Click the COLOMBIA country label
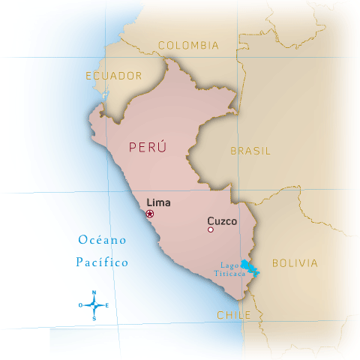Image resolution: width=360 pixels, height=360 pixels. pos(188,45)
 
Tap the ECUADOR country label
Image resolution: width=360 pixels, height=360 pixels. pos(114,76)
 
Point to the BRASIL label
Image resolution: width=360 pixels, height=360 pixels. pos(250,151)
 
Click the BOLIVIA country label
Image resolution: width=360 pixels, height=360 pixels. pos(295,263)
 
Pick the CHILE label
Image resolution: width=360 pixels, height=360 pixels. pos(234,316)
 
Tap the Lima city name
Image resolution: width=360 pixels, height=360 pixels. pos(158,202)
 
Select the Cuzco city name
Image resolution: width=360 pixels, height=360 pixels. pos(221,221)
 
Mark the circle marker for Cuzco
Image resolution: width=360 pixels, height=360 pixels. pos(211,230)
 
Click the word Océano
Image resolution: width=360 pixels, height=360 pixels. pos(102,240)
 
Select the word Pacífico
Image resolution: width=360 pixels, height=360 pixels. pos(102,262)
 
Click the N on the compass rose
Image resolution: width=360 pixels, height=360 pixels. pos(94,292)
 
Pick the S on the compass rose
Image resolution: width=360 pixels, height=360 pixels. pos(94,318)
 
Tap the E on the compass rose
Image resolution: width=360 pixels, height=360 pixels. pos(106,305)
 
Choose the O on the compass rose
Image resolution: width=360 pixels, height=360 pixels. pos(81,305)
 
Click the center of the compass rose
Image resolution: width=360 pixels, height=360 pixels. pos(94,305)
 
